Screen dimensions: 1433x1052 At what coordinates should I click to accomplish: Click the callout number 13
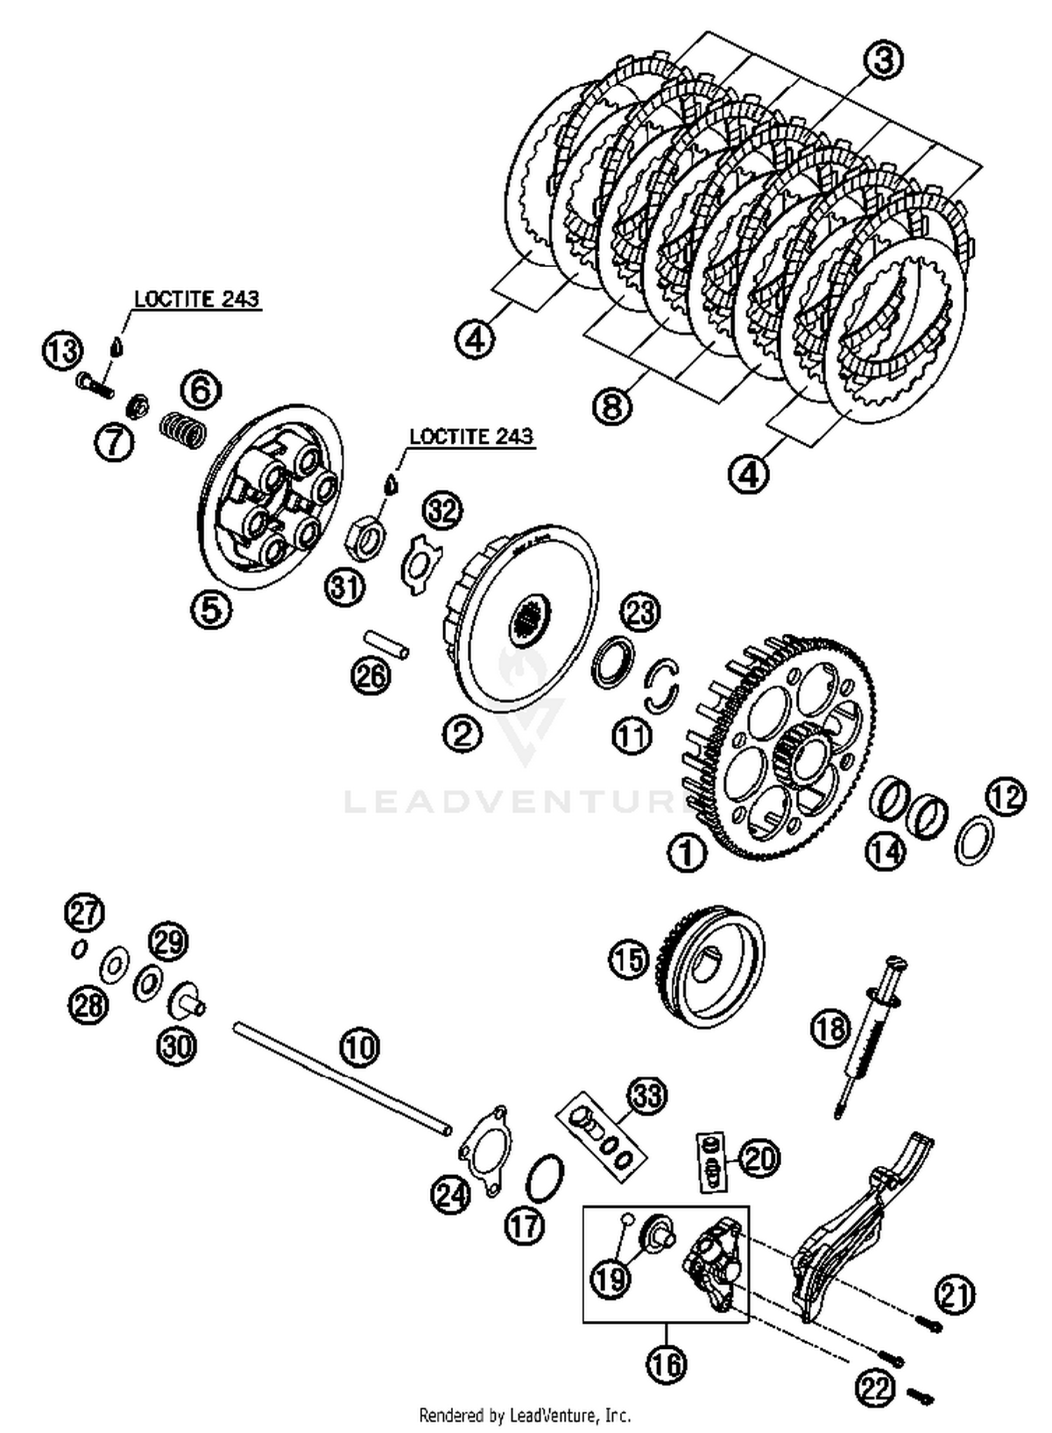(x=62, y=350)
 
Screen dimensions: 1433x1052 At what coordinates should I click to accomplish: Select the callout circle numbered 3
(x=883, y=60)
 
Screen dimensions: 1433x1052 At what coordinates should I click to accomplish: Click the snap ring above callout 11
(x=662, y=685)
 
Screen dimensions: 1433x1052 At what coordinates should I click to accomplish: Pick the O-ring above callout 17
(x=545, y=1178)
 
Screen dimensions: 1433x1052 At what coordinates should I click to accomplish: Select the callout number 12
(x=1006, y=797)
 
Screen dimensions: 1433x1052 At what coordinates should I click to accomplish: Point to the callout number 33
(x=647, y=1094)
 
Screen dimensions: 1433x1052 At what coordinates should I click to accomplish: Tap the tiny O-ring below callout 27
(x=79, y=949)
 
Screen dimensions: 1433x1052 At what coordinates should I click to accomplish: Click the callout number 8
(x=612, y=406)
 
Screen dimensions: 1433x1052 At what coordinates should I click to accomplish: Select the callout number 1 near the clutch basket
(x=687, y=853)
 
